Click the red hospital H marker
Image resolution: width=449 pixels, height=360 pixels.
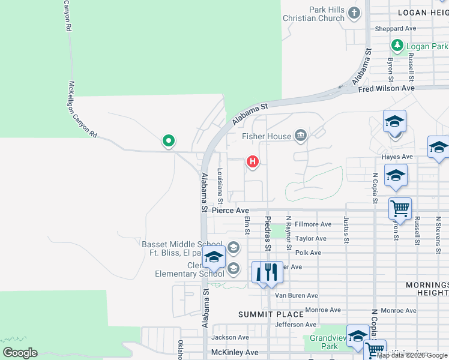(253, 162)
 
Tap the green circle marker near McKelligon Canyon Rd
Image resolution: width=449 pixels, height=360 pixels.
(169, 141)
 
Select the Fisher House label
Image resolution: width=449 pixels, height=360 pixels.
(267, 136)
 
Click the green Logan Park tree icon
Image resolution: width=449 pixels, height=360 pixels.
(397, 46)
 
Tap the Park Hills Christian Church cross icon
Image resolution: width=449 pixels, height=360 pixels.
(355, 13)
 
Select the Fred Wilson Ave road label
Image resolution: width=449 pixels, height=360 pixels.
(386, 88)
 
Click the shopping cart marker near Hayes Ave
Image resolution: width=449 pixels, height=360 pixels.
(400, 208)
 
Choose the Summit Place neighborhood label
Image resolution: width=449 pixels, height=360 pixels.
(262, 314)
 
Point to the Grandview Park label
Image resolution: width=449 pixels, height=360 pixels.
(330, 341)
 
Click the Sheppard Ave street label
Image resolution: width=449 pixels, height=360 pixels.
(395, 28)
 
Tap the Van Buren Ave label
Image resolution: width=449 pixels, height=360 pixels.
(296, 295)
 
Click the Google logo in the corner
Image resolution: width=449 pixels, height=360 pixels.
(20, 352)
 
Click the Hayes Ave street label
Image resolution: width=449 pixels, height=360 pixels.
(397, 157)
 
